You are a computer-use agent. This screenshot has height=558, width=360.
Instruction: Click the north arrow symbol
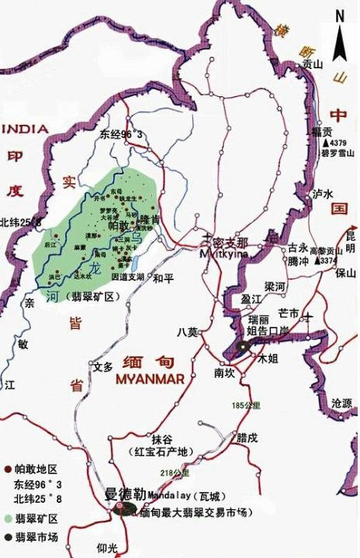click(339, 36)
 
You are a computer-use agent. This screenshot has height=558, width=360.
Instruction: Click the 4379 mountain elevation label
click(337, 144)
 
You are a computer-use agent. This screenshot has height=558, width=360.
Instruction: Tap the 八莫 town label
click(188, 331)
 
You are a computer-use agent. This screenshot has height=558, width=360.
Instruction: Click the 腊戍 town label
click(248, 438)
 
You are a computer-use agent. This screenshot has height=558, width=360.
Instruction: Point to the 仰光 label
click(108, 548)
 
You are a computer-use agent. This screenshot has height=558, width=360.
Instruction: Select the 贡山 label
click(313, 65)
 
